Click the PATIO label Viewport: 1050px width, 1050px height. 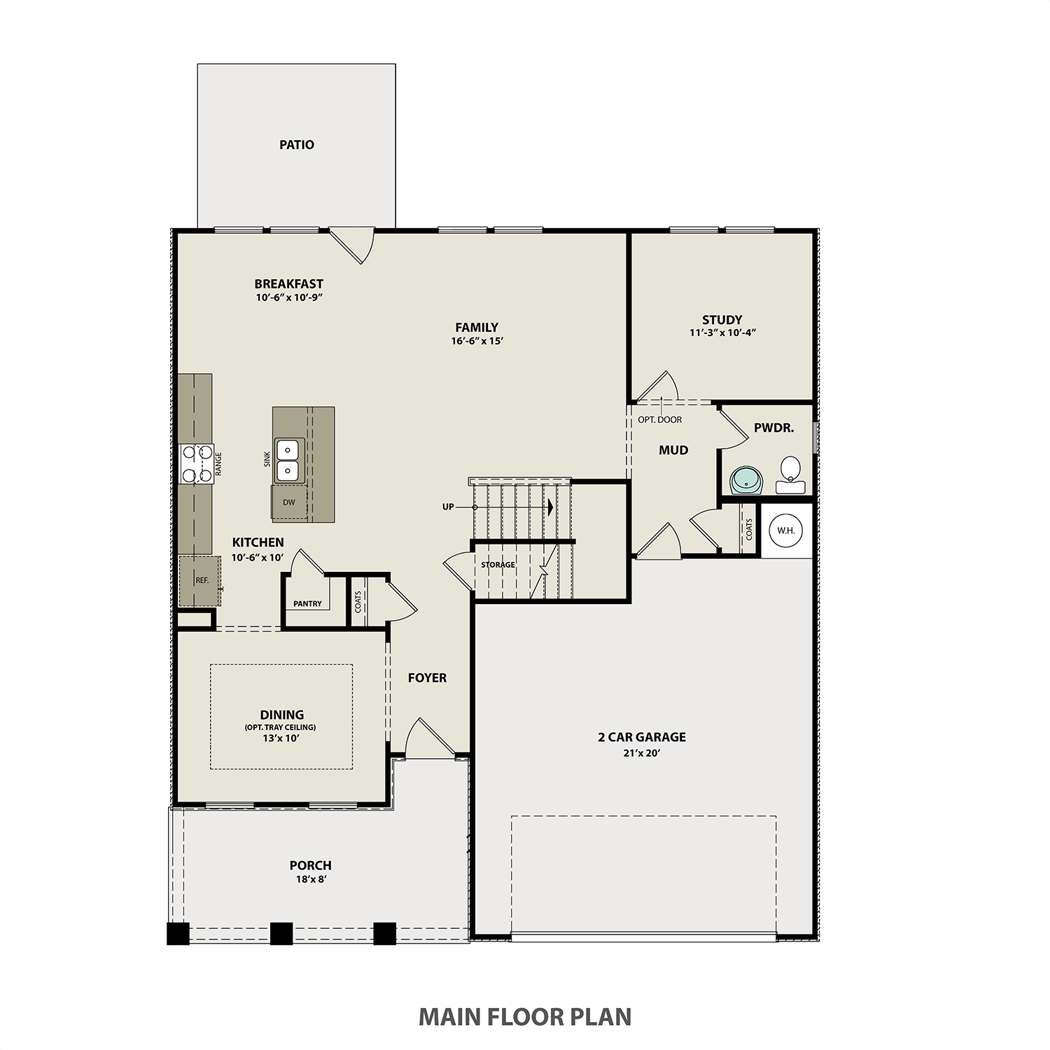(297, 145)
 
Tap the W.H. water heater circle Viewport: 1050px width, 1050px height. (786, 531)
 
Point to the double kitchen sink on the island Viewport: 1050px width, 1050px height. (288, 459)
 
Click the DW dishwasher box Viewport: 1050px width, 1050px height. (289, 503)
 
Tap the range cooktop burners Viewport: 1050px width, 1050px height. (196, 463)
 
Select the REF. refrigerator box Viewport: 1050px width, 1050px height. (201, 580)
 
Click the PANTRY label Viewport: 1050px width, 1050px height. (307, 603)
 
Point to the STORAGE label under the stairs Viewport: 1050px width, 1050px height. (498, 565)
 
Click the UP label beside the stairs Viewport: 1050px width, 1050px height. (448, 507)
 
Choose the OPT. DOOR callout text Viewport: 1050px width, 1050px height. (659, 420)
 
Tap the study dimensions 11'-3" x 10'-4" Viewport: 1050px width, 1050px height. (722, 333)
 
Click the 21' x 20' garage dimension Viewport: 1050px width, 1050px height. (641, 753)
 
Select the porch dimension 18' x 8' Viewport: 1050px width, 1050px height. (310, 879)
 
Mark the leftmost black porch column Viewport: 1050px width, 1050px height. (178, 933)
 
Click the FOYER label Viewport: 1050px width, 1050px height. (427, 678)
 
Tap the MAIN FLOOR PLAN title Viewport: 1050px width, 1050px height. (525, 1016)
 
